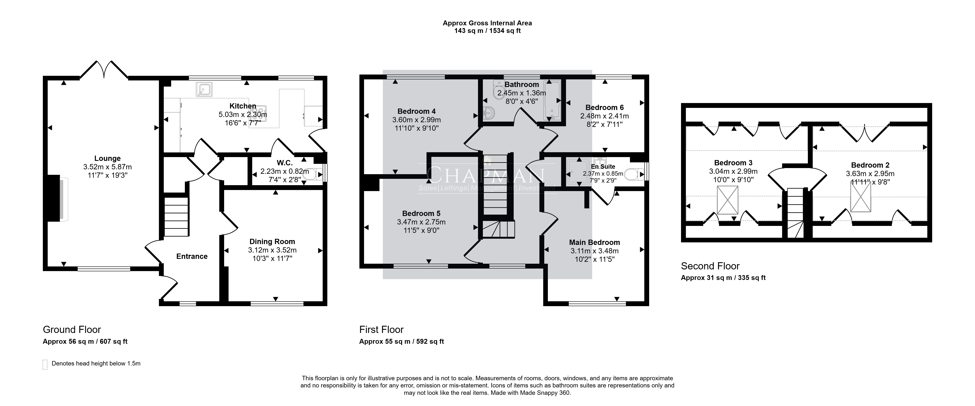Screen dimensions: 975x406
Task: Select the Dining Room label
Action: point(272,242)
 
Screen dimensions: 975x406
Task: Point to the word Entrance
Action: point(192,256)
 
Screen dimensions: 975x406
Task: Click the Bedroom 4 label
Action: point(416,111)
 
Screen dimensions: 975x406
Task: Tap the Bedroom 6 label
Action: point(604,107)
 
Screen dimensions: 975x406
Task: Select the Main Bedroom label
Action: point(595,242)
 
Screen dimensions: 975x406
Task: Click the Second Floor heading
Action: point(710,266)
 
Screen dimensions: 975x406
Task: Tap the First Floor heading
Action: point(382,330)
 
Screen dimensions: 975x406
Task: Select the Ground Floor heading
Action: point(72,330)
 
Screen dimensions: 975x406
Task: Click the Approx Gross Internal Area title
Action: point(487,23)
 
